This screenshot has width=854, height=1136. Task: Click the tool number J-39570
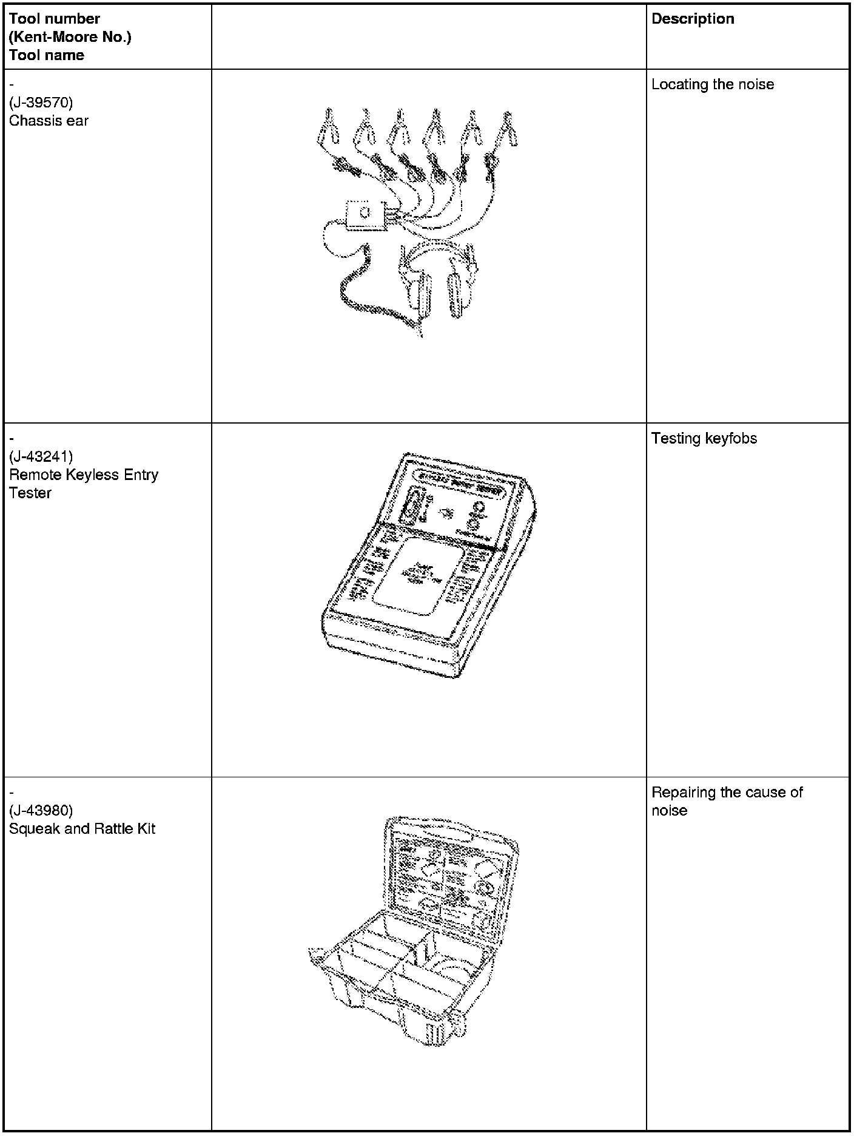(41, 103)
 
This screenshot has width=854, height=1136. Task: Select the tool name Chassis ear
(49, 121)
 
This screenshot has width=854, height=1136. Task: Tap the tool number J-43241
(41, 456)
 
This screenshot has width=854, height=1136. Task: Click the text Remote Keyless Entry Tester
(83, 484)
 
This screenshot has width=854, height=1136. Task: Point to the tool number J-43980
(41, 811)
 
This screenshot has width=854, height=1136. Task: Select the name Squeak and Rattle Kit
(82, 829)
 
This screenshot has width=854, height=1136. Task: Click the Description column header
(693, 19)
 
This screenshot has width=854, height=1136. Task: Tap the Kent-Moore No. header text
(70, 37)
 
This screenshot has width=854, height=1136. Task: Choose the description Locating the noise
(713, 84)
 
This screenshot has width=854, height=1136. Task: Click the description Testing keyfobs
(704, 439)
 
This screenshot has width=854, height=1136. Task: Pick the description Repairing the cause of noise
(727, 801)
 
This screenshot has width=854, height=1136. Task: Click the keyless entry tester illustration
(428, 564)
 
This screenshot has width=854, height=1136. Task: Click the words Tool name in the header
(47, 55)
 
